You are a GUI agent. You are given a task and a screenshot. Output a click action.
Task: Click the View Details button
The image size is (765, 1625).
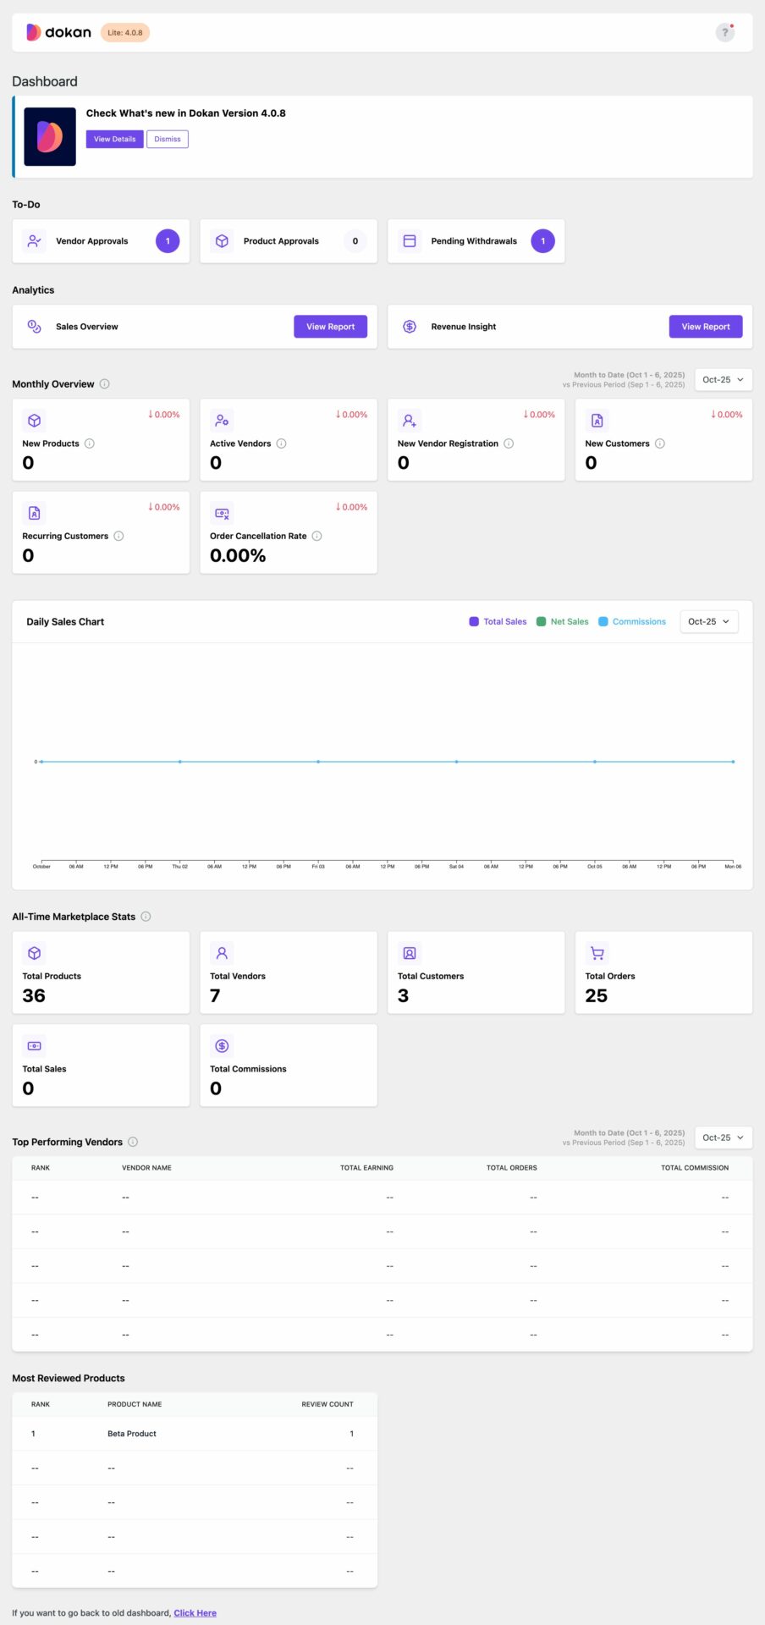[x=114, y=139]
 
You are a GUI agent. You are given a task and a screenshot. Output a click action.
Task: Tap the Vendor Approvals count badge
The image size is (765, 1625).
[x=168, y=241]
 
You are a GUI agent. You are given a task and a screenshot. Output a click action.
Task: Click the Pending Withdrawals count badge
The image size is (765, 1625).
[x=542, y=241]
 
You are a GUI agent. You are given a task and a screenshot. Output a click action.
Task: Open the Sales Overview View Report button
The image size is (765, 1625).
[x=330, y=327]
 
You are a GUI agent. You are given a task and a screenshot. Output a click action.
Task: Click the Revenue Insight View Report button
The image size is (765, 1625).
[x=705, y=327]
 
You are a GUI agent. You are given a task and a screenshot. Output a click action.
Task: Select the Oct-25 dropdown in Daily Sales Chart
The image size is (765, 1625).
[x=709, y=621]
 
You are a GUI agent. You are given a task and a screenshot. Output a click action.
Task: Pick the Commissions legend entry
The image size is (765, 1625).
[x=632, y=621]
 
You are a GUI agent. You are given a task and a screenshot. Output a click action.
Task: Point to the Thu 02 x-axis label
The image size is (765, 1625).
[x=180, y=867]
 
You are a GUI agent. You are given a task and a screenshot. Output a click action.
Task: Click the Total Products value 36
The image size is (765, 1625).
[x=34, y=996]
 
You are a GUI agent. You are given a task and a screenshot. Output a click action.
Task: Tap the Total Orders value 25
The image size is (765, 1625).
[x=597, y=996]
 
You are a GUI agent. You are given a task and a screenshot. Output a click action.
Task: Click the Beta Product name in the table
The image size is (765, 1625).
[x=132, y=1434]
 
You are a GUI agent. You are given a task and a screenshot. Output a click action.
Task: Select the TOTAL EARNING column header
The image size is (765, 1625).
[x=366, y=1168]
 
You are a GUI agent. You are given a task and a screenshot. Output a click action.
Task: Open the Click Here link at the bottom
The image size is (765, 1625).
[x=195, y=1613]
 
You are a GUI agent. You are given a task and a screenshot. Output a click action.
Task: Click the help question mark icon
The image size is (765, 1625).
[x=724, y=33]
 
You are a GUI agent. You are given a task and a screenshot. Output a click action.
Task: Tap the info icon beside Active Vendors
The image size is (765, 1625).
[x=282, y=443]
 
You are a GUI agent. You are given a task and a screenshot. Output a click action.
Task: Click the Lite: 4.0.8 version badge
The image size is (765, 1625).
[x=125, y=33]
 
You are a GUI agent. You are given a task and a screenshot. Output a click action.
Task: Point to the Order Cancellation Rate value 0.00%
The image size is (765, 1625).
[x=238, y=556]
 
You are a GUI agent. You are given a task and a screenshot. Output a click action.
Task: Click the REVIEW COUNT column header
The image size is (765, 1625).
[x=327, y=1404]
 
